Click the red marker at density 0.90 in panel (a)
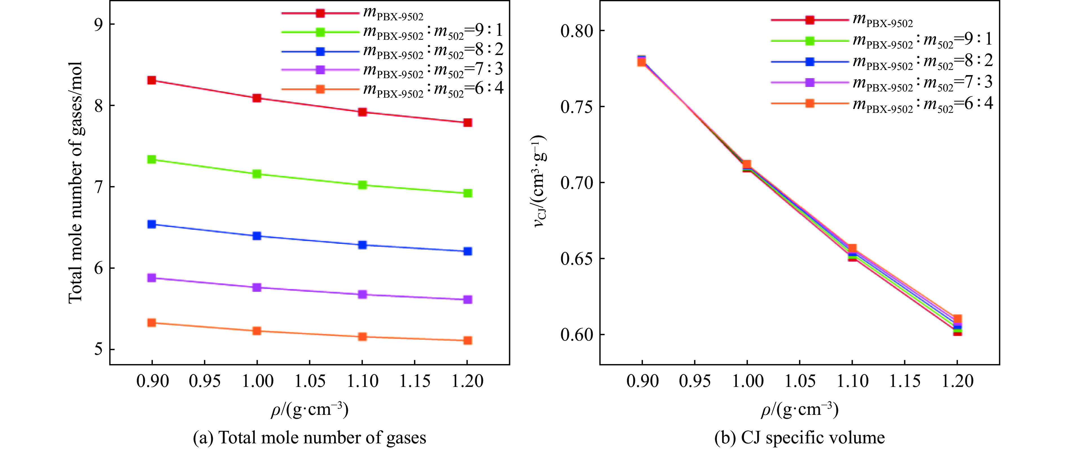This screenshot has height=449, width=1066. (151, 80)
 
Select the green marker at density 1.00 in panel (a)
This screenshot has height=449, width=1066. (257, 174)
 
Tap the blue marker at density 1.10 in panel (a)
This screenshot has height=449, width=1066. (362, 245)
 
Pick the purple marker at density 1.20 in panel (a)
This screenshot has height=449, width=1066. (468, 299)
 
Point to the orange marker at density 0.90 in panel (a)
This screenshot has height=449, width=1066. (151, 323)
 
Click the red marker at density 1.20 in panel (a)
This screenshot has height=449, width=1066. (468, 122)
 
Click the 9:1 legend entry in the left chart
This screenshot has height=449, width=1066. (433, 32)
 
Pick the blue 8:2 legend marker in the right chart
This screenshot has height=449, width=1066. (810, 62)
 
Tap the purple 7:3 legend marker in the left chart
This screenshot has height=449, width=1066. (320, 70)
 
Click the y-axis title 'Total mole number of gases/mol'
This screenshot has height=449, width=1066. (76, 182)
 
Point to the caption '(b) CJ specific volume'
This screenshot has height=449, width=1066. (799, 438)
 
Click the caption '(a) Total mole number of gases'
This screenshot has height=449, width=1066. (310, 438)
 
